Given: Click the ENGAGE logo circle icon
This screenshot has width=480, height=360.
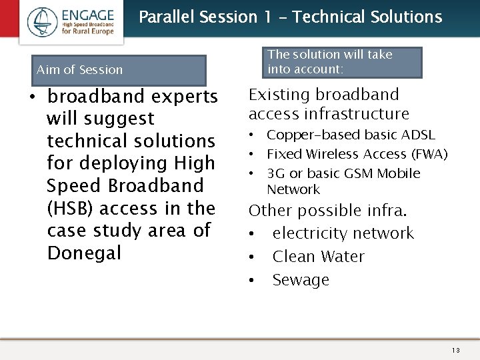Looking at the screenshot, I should tap(43, 22).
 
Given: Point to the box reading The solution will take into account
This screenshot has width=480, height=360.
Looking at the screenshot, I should tap(344, 62).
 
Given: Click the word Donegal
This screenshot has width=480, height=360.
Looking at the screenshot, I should tap(84, 253).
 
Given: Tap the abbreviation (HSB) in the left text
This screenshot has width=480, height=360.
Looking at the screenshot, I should tap(71, 209).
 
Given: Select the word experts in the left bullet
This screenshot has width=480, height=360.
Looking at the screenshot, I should tap(184, 97).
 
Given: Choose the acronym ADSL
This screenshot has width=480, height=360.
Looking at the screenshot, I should tap(419, 135).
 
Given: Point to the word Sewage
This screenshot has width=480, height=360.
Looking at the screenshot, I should tap(301, 281).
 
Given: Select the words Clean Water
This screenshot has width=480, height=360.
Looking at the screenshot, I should tap(318, 257).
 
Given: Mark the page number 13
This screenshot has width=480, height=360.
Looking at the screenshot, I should tap(455, 351).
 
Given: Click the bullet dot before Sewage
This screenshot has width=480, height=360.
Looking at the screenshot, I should tap(253, 281).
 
